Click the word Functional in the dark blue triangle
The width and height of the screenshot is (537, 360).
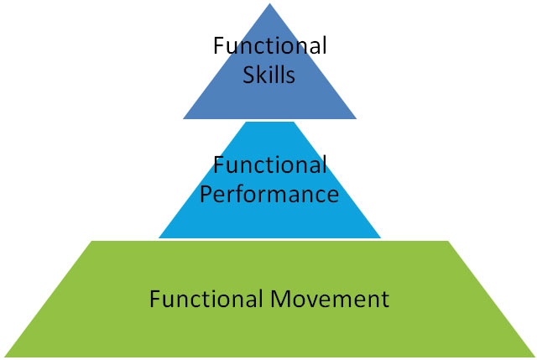click(270, 45)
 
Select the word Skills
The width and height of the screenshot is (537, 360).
click(268, 75)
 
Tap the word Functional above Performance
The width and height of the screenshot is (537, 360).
click(270, 164)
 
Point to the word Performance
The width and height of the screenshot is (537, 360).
click(269, 194)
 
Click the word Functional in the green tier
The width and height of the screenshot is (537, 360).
click(206, 299)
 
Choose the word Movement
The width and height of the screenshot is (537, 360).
click(330, 299)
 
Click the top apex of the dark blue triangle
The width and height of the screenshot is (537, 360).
click(270, 3)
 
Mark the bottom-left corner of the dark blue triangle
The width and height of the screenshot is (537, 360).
click(183, 119)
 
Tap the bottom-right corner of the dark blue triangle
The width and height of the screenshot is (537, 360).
click(357, 119)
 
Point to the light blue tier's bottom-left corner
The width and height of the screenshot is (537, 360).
click(159, 237)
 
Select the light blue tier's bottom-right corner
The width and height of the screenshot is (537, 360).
click(381, 237)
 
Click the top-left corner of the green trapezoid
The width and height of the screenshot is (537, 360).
click(91, 241)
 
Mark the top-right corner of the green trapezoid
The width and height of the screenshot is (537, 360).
click(448, 241)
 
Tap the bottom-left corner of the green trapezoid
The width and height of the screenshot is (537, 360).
click(4, 357)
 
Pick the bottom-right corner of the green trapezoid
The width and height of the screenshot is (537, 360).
click(535, 357)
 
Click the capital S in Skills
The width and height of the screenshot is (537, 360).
click(248, 75)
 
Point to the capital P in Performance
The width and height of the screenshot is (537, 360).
click(206, 194)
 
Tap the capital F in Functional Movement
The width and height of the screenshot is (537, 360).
click(155, 299)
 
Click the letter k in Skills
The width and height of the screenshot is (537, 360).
click(263, 75)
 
